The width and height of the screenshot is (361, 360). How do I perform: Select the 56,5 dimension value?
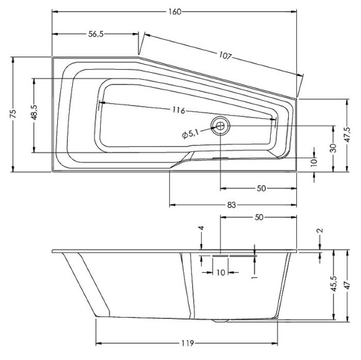tap(95, 34)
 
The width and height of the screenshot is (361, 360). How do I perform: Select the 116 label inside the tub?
tap(179, 110)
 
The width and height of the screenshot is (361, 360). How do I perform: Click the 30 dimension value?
tap(333, 148)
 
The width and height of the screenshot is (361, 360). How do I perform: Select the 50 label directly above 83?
tap(262, 188)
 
